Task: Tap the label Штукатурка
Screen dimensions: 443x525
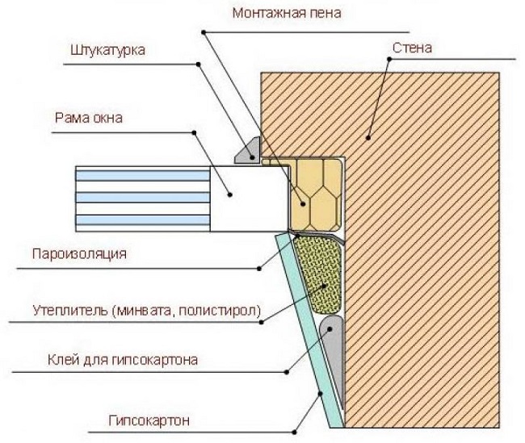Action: pos(107,51)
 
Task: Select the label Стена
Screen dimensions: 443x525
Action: pos(413,48)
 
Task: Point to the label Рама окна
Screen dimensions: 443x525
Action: pos(90,119)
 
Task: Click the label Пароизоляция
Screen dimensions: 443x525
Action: pos(80,254)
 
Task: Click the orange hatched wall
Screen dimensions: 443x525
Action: pos(420,242)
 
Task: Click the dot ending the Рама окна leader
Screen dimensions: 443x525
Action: pos(230,194)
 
